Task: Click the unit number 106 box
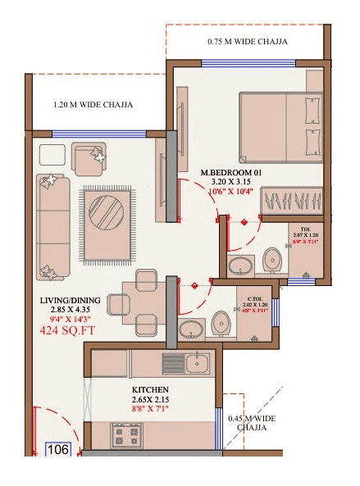tap(57, 450)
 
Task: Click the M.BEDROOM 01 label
tap(231, 172)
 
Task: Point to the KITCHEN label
tap(150, 389)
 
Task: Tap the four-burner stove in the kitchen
tap(127, 434)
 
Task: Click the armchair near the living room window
tap(88, 157)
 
